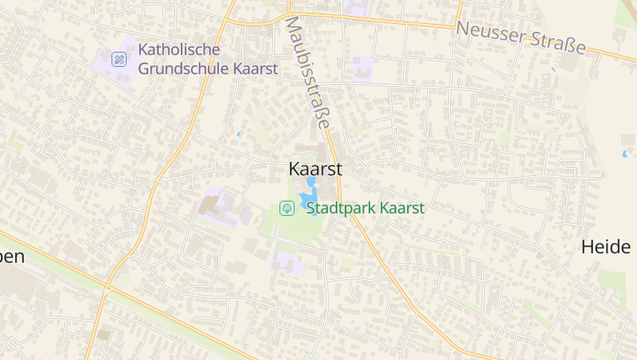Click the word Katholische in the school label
pyautogui.click(x=178, y=49)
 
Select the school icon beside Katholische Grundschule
pyautogui.click(x=119, y=59)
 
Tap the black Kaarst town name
pyautogui.click(x=315, y=169)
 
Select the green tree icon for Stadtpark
pyautogui.click(x=287, y=209)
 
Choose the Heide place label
pyautogui.click(x=606, y=247)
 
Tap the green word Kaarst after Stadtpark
pyautogui.click(x=401, y=209)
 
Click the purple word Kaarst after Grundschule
pyautogui.click(x=256, y=68)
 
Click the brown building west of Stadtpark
pyautogui.click(x=209, y=205)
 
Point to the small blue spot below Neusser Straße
pyautogui.click(x=553, y=69)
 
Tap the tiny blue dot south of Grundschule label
pyautogui.click(x=238, y=134)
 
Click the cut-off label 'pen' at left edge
pyautogui.click(x=11, y=256)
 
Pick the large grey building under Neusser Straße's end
pyautogui.click(x=571, y=63)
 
